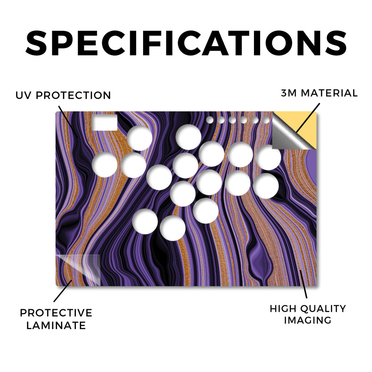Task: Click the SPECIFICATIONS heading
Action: [x=186, y=43]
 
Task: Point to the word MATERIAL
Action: [x=329, y=93]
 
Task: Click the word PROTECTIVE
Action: [x=56, y=313]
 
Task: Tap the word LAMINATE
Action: [x=56, y=325]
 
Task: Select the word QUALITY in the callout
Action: [x=323, y=309]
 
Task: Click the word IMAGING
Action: [x=307, y=320]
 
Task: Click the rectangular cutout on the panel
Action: [x=105, y=123]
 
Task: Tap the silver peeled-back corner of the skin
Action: [x=288, y=134]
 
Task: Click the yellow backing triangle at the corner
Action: [x=306, y=126]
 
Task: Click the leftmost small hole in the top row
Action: [x=210, y=120]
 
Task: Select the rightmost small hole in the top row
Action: [x=266, y=120]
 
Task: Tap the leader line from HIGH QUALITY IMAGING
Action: [x=303, y=284]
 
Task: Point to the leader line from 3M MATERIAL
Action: [x=308, y=118]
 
